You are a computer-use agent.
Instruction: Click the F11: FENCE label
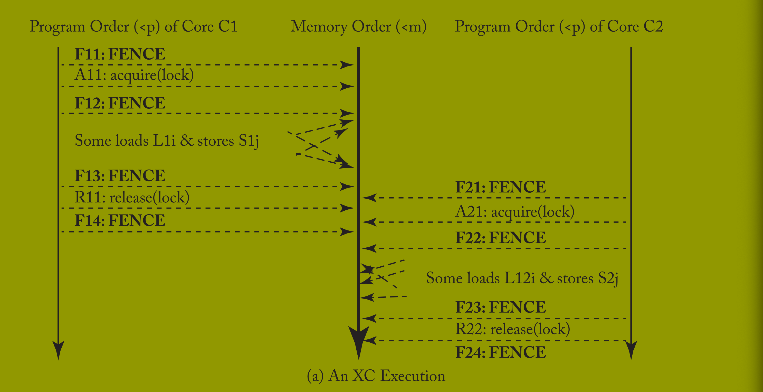click(120, 54)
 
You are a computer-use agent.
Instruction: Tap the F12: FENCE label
click(120, 103)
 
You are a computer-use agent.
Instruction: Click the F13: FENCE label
click(120, 176)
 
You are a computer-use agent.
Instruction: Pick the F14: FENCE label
click(120, 220)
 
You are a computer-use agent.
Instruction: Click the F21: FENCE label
click(501, 187)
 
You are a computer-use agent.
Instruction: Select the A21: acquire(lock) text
click(515, 212)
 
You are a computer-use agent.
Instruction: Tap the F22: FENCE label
click(501, 238)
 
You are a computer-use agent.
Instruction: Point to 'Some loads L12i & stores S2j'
click(522, 278)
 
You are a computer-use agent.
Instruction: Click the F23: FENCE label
click(501, 307)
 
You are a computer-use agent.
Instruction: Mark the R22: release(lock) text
click(513, 329)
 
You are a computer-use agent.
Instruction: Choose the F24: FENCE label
click(501, 352)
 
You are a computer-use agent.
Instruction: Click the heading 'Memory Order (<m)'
click(358, 27)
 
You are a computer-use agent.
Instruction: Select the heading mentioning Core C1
click(133, 27)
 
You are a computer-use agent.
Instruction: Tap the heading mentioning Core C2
click(559, 27)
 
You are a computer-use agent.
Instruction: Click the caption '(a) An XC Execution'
click(376, 376)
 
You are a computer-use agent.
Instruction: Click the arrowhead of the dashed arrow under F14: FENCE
click(347, 232)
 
